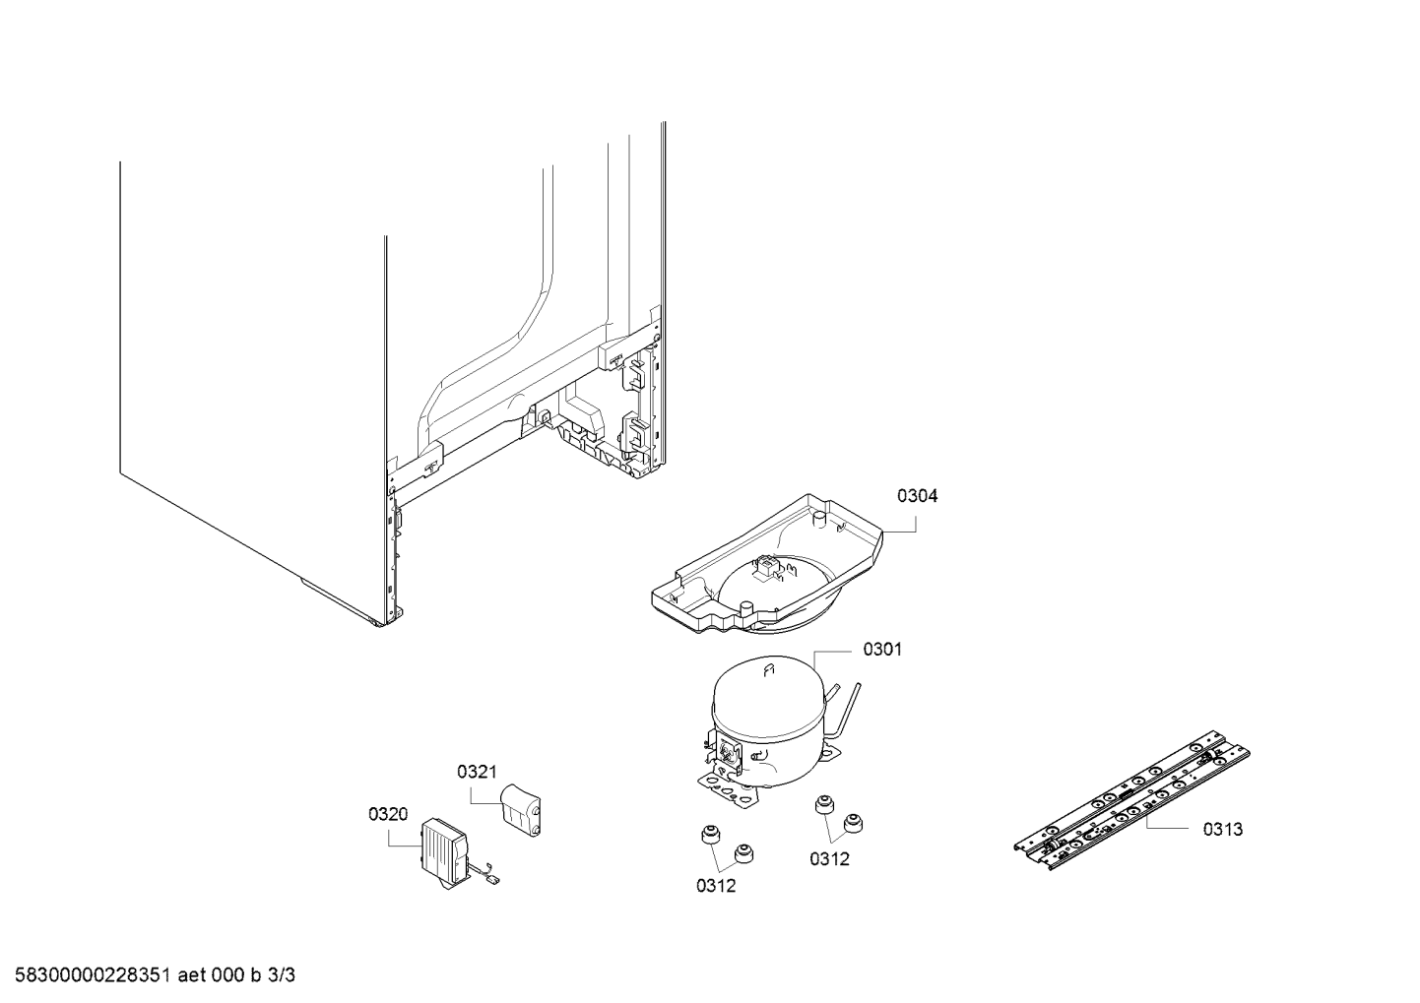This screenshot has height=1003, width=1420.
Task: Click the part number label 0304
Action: (x=917, y=495)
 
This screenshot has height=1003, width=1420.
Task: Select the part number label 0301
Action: (x=882, y=649)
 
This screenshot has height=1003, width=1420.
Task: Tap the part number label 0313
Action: (x=1223, y=829)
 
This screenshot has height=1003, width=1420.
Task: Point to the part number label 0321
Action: (x=477, y=772)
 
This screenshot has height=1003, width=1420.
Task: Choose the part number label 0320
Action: (x=388, y=814)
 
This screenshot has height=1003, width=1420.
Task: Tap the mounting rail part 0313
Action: (x=1131, y=799)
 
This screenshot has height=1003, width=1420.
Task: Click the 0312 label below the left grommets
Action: (x=716, y=886)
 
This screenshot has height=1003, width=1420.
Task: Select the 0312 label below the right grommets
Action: (x=829, y=859)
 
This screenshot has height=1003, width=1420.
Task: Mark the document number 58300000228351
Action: (x=93, y=975)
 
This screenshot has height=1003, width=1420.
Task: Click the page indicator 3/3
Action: (x=281, y=975)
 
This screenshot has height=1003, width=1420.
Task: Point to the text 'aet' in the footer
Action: (x=190, y=975)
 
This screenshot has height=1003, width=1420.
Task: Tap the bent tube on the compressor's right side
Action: (x=847, y=710)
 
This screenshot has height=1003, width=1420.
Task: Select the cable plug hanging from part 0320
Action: (x=492, y=879)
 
